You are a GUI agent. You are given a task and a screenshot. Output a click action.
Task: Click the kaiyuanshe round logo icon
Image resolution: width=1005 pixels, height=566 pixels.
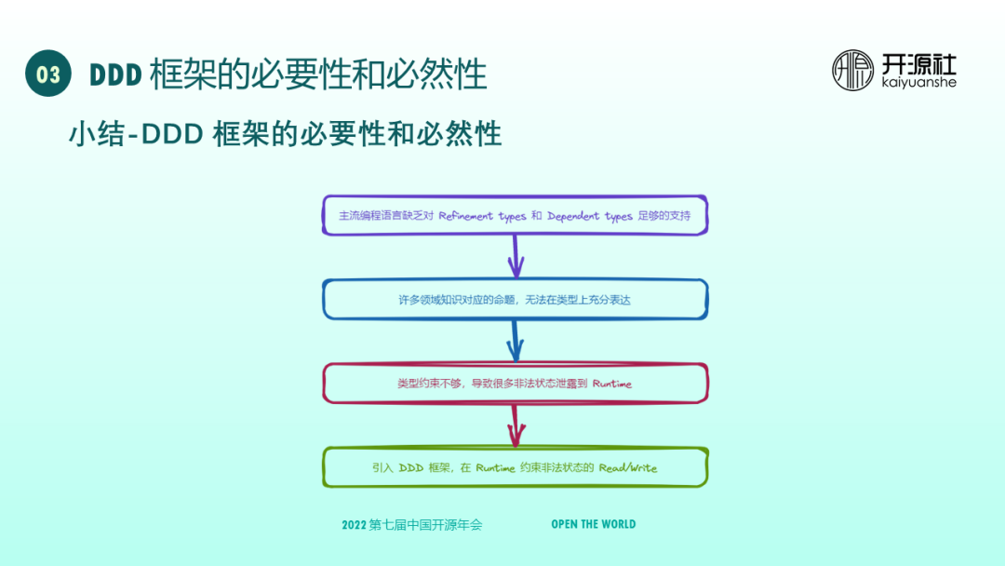click(x=852, y=70)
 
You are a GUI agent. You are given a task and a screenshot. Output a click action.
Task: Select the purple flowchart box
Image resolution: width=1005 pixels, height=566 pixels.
click(x=515, y=216)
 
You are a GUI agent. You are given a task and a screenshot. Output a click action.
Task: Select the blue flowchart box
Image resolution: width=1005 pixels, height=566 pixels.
click(x=515, y=300)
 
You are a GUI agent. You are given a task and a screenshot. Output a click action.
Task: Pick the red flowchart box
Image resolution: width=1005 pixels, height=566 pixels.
click(x=515, y=383)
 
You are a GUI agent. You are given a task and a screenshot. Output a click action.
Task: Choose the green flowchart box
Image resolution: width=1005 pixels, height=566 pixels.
click(x=515, y=467)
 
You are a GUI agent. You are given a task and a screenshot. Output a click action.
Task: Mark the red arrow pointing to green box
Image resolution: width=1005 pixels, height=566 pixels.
click(x=515, y=425)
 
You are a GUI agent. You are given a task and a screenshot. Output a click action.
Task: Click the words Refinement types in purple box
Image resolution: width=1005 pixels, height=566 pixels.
click(x=482, y=216)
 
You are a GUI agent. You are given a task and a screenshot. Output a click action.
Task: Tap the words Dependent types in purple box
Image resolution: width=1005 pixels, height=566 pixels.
click(x=590, y=216)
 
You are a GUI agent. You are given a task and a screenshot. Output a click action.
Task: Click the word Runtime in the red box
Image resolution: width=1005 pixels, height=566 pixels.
click(x=611, y=384)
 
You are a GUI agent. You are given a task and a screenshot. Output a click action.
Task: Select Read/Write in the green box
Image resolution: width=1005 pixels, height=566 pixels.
click(x=628, y=468)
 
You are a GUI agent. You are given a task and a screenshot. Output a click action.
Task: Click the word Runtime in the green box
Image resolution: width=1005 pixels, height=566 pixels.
click(x=495, y=468)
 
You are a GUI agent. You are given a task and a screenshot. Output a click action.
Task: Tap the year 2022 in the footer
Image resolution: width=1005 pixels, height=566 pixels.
click(x=354, y=525)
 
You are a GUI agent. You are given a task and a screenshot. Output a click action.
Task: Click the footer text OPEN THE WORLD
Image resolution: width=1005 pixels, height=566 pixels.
click(x=594, y=524)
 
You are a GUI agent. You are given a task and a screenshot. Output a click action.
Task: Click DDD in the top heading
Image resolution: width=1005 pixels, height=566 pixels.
click(x=114, y=75)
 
